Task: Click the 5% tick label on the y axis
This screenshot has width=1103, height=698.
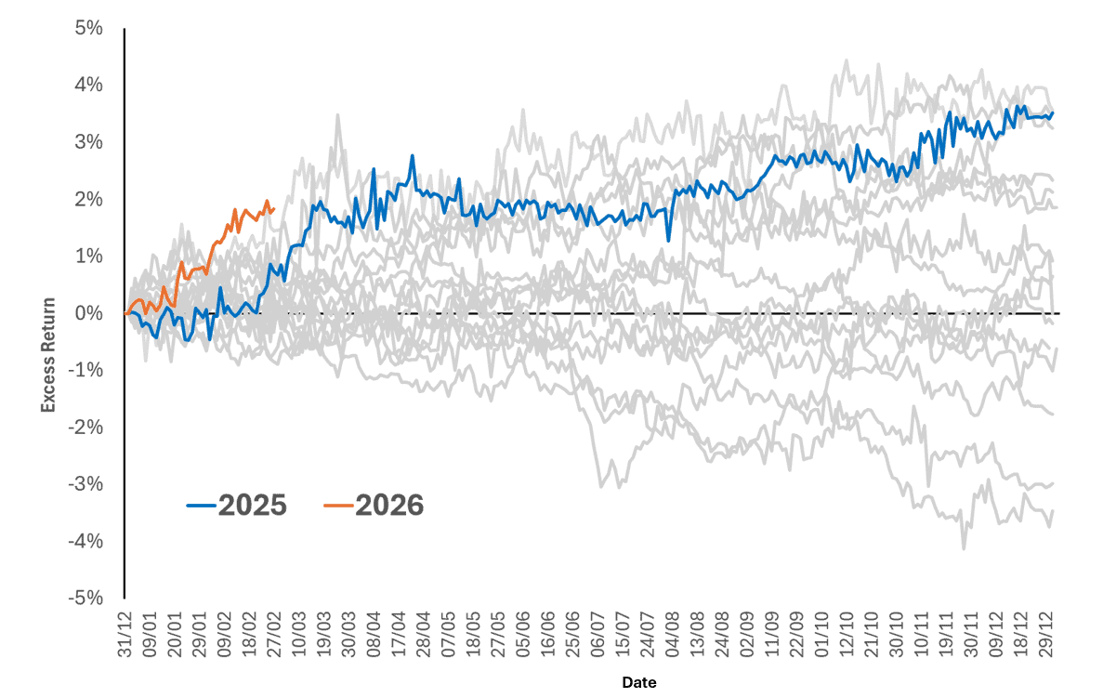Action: [89, 28]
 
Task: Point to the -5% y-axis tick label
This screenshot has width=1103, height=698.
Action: [86, 598]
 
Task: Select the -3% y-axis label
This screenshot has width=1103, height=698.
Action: [86, 484]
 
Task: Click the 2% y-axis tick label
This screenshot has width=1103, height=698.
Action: [89, 199]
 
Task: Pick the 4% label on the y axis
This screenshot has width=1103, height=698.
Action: [89, 86]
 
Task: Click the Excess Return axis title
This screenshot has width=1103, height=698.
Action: [48, 353]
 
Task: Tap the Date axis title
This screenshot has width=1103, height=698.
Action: [639, 683]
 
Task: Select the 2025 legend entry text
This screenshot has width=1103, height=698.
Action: [253, 506]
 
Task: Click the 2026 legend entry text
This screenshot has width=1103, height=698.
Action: [388, 506]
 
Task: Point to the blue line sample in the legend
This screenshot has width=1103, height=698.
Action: [201, 507]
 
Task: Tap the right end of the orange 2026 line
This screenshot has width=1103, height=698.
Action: [274, 208]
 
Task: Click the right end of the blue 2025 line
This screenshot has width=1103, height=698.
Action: [1053, 112]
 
